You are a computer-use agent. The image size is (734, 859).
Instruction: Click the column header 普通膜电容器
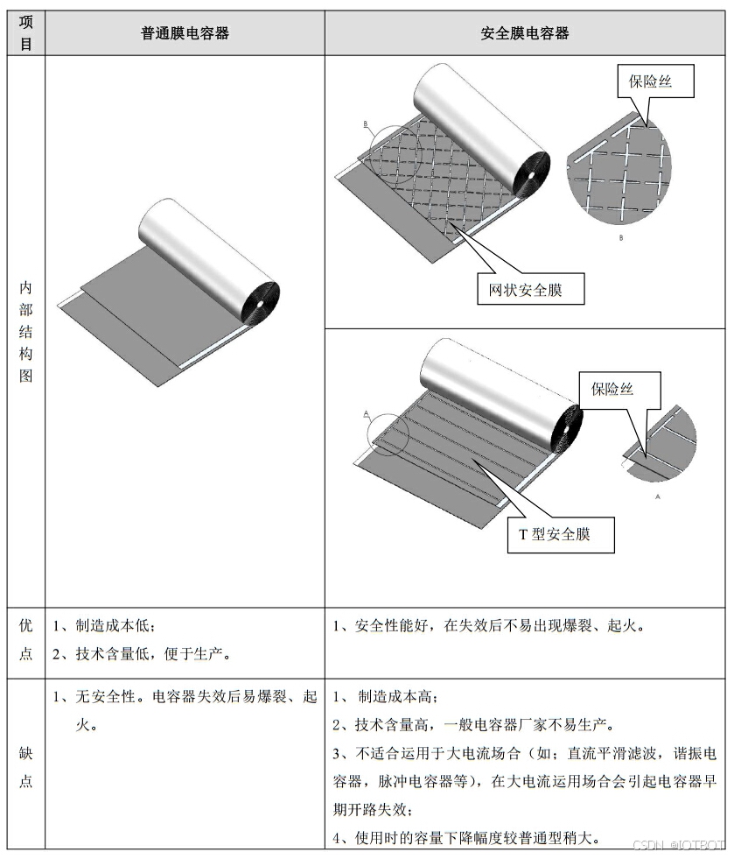(185, 33)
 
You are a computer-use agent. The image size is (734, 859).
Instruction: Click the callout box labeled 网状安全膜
(531, 290)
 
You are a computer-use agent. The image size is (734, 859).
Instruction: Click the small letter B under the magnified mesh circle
(620, 237)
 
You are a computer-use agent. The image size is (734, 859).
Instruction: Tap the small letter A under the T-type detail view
(657, 495)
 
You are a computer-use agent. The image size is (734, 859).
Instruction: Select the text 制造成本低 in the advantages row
(116, 627)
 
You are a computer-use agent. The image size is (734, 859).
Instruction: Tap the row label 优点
(26, 640)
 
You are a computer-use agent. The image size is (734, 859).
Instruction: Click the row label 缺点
(26, 767)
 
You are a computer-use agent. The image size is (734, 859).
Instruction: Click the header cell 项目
(26, 33)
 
